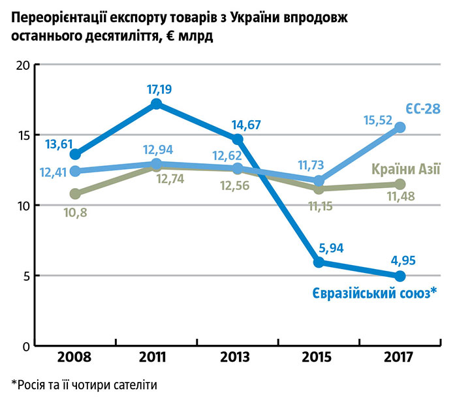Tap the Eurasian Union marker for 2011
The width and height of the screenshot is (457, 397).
click(156, 104)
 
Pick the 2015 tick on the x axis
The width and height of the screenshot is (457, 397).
click(319, 358)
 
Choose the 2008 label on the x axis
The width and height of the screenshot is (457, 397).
click(74, 358)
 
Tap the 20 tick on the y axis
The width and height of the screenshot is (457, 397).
click(23, 65)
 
